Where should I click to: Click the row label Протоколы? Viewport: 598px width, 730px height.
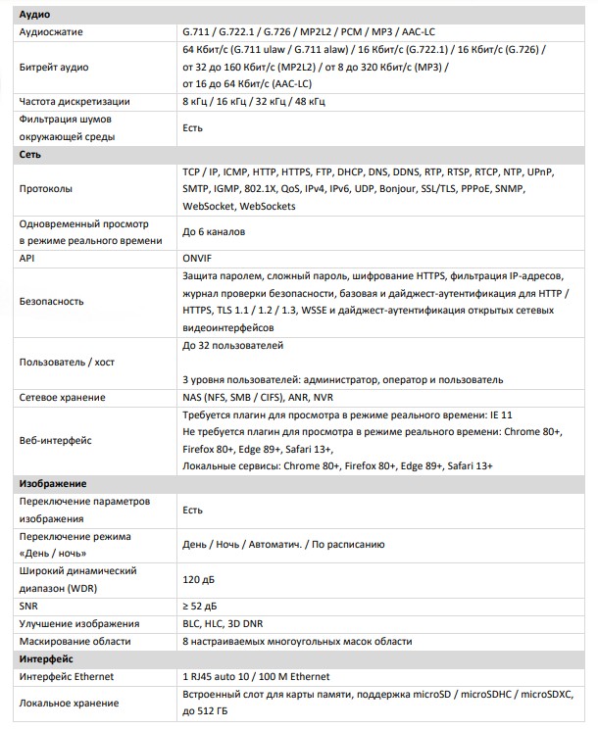point(47,189)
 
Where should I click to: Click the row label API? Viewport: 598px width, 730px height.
point(27,258)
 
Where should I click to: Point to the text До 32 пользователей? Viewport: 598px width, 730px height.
point(233,346)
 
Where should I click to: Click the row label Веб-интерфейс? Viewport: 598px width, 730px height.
point(55,442)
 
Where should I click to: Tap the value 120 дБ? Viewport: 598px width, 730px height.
point(199,578)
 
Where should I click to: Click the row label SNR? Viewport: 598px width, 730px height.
point(29,607)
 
